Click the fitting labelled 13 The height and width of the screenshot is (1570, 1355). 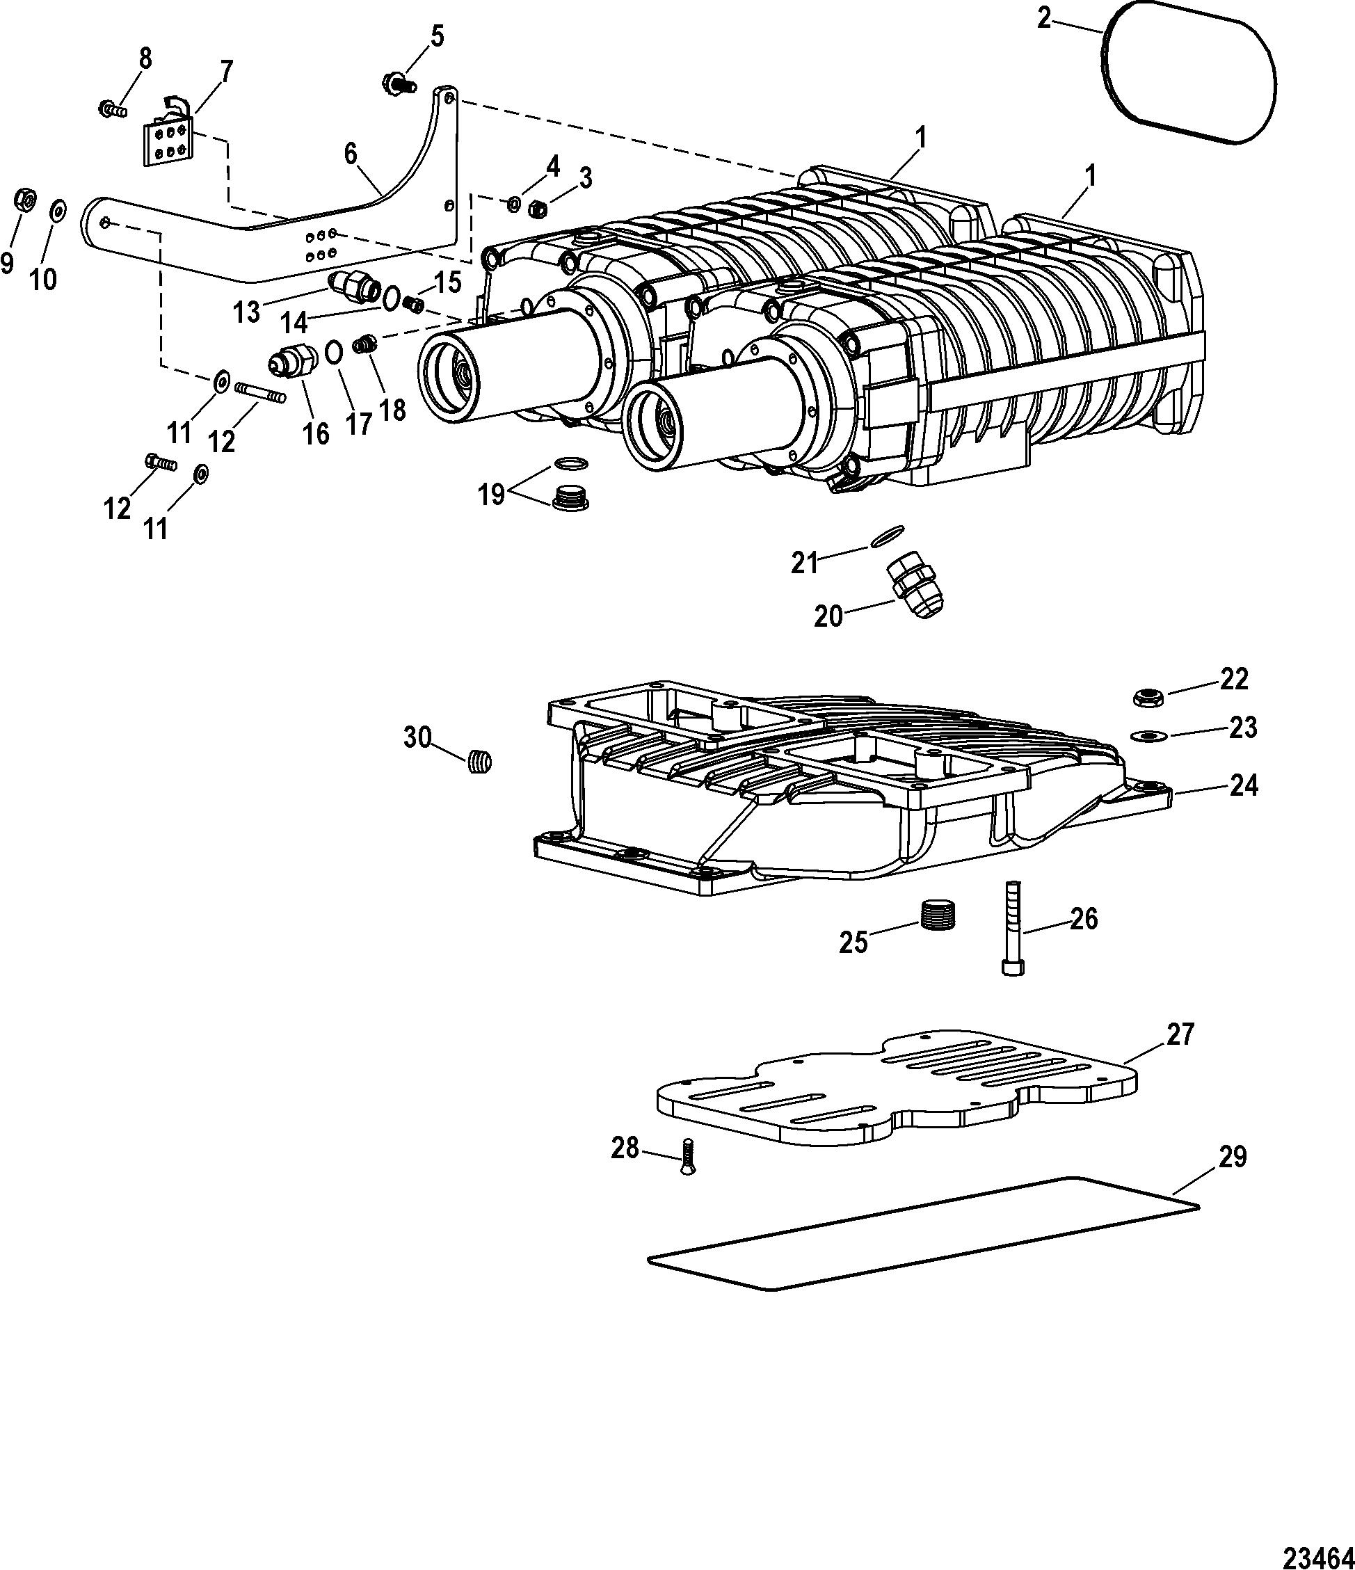point(355,287)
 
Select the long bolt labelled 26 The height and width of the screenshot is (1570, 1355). point(1014,927)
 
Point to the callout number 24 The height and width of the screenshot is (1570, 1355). point(1242,786)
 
